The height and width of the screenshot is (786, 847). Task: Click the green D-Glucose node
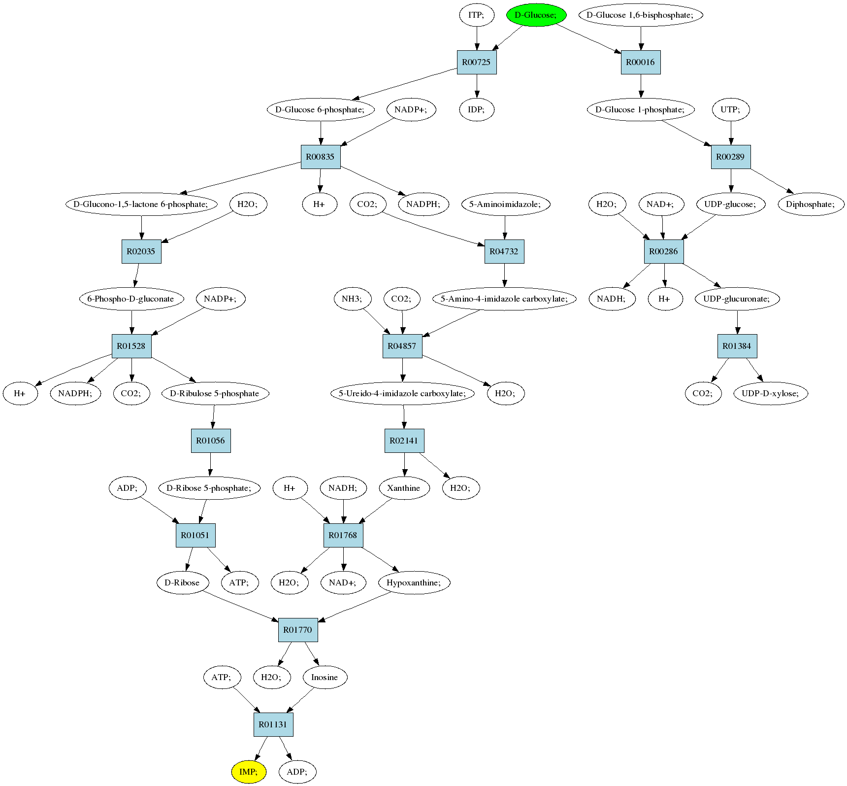[536, 15]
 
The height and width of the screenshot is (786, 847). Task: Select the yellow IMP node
[249, 772]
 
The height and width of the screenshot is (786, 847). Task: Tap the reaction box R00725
[477, 62]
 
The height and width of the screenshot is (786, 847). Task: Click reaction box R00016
[641, 62]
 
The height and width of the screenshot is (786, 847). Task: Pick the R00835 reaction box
[321, 157]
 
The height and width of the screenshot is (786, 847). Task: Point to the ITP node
[476, 15]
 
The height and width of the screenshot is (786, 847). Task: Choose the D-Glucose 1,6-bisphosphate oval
[640, 15]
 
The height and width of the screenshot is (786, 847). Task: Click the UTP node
[731, 109]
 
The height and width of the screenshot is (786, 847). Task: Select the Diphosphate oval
[811, 204]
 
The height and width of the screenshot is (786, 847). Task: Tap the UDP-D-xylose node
[771, 393]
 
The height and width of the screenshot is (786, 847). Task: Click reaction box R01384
[737, 346]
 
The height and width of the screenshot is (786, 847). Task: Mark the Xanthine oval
[404, 488]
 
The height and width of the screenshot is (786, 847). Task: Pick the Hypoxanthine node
[414, 582]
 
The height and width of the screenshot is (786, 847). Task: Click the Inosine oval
[325, 677]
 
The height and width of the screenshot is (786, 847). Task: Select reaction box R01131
[273, 724]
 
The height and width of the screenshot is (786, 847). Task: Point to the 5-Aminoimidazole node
[505, 204]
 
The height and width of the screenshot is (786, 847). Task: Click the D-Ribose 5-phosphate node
[209, 488]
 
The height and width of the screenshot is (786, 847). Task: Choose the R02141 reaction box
[404, 441]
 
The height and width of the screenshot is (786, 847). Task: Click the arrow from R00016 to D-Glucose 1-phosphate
[641, 86]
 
